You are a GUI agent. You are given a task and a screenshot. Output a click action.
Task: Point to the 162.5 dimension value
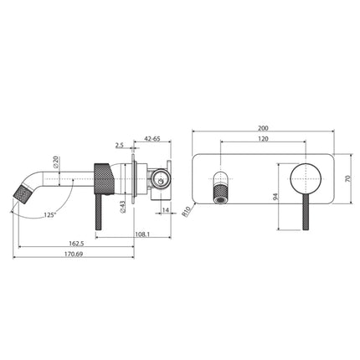(76, 244)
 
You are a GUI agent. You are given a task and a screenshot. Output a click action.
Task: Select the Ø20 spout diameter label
(54, 164)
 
